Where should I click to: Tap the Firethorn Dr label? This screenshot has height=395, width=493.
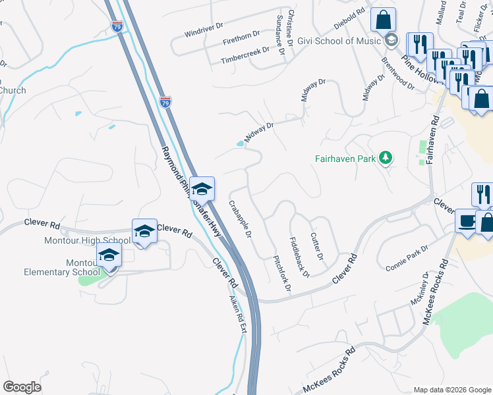(x=242, y=37)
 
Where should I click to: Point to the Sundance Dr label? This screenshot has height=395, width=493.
(x=279, y=33)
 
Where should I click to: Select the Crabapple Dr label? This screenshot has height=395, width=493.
(x=241, y=219)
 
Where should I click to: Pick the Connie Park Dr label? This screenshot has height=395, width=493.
(x=406, y=257)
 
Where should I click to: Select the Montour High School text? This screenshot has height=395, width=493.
(x=88, y=241)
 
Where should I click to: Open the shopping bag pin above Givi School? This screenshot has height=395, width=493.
(x=383, y=20)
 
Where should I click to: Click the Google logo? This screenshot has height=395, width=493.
(x=22, y=387)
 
